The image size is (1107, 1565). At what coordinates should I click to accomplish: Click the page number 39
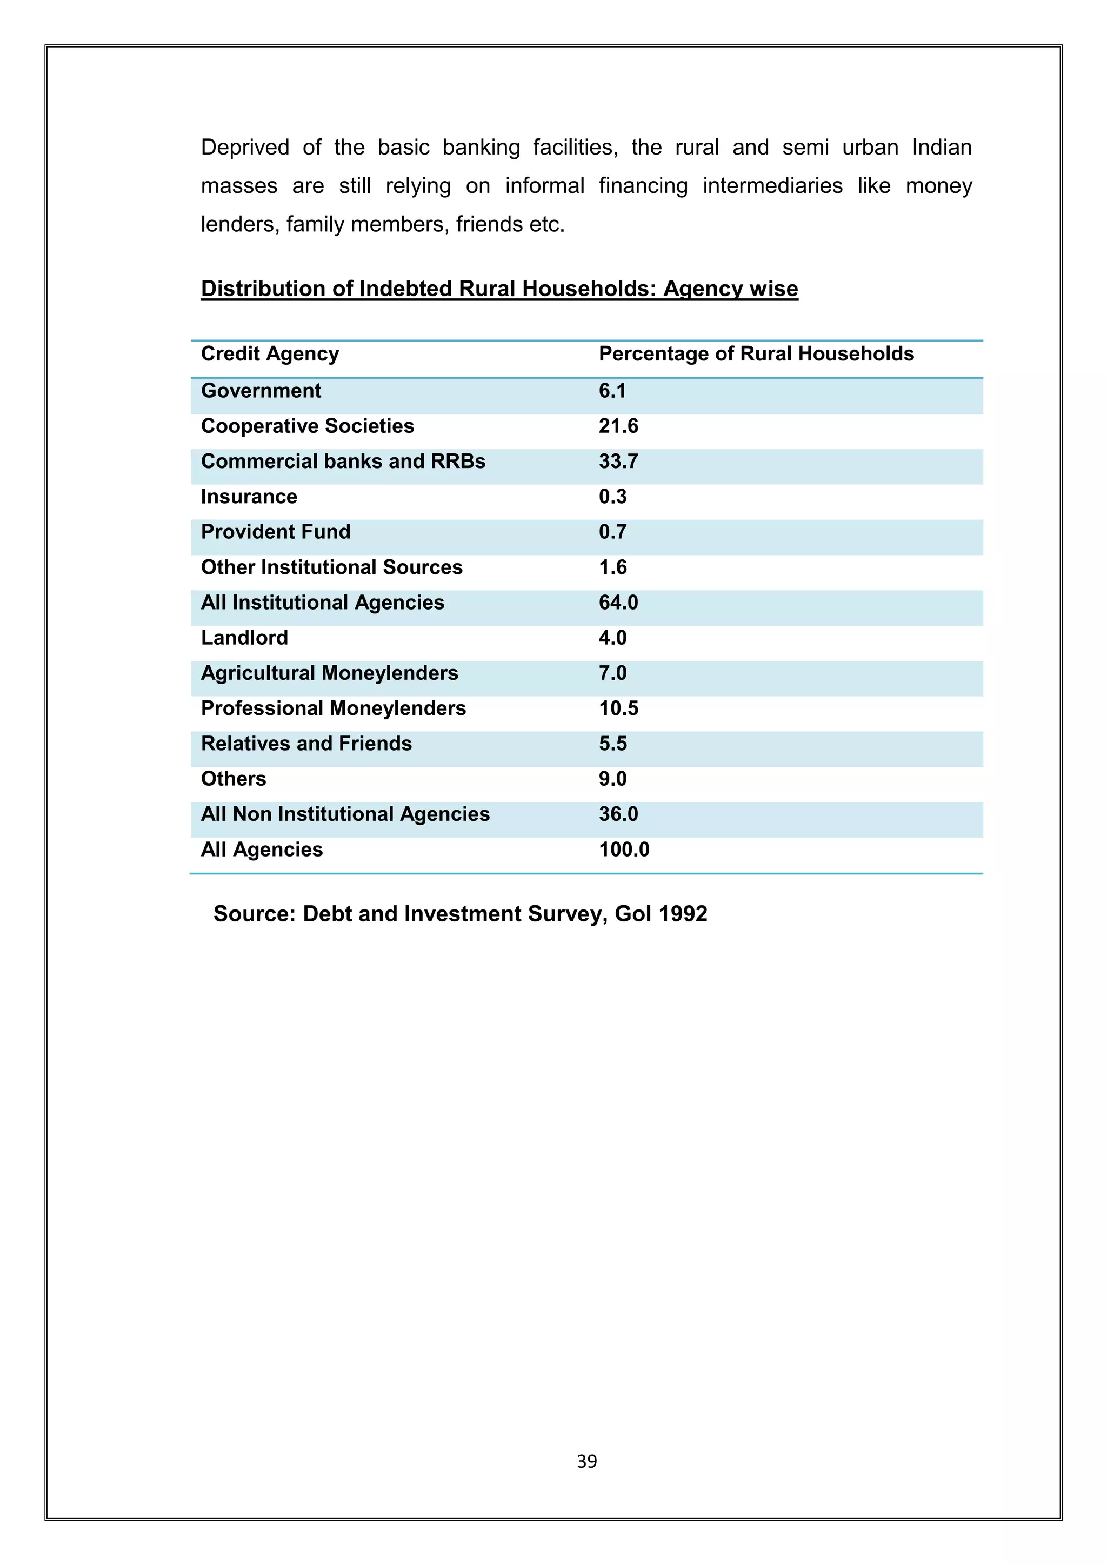[586, 1461]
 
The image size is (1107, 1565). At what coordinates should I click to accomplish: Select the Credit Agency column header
[270, 354]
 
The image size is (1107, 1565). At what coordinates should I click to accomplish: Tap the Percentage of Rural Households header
[756, 354]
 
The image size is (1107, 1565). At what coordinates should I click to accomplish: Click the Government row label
[261, 391]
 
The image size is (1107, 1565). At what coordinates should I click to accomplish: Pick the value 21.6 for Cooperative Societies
[618, 426]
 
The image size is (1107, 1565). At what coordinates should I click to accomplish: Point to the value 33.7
[618, 462]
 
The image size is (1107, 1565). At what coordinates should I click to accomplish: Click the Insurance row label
[249, 497]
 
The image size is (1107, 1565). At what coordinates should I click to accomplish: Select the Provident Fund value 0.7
[612, 532]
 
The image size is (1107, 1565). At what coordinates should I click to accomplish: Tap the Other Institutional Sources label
[331, 567]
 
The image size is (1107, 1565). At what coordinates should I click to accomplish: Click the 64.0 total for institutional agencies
[618, 603]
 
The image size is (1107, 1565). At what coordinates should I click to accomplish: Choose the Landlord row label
[244, 638]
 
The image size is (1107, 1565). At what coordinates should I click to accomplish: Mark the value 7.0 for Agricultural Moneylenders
[612, 673]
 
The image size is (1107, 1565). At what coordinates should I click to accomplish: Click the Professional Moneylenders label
[334, 708]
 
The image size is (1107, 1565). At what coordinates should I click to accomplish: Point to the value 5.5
[612, 744]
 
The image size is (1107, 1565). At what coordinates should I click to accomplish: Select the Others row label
[233, 779]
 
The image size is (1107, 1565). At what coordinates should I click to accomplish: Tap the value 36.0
[618, 814]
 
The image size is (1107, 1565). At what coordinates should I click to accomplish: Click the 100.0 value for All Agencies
[624, 850]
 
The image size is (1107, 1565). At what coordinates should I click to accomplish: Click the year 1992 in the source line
[684, 913]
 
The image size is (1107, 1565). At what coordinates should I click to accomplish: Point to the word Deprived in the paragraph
[245, 147]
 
